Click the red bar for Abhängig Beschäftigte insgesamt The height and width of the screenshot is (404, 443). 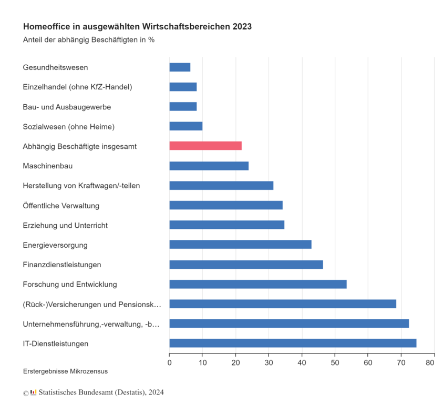[205, 146]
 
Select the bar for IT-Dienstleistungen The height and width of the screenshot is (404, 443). [293, 343]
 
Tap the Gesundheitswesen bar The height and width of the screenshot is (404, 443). [180, 67]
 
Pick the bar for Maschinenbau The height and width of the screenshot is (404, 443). [209, 166]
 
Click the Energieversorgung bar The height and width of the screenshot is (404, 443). [240, 245]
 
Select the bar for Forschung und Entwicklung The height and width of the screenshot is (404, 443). [258, 284]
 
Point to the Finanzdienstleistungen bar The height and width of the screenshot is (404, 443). [246, 265]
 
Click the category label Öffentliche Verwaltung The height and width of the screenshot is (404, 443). [61, 205]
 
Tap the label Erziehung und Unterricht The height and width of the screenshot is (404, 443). [65, 225]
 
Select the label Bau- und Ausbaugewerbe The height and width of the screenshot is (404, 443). [67, 107]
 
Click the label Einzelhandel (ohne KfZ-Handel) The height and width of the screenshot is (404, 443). [77, 87]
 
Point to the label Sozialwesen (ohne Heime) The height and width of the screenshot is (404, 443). [68, 126]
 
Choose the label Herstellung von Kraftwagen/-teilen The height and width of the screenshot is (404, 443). [81, 186]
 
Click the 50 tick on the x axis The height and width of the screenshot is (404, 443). [335, 362]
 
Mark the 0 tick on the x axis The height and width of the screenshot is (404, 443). [169, 362]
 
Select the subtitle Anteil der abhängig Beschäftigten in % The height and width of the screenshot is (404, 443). [88, 40]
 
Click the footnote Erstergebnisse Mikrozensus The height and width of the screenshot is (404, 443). [65, 371]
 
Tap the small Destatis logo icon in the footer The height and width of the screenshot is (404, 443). [34, 392]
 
